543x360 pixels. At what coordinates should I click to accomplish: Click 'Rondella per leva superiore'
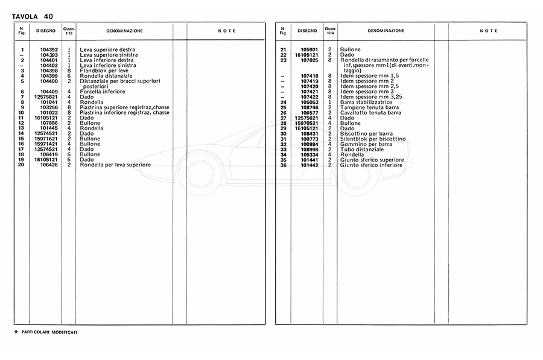(115, 165)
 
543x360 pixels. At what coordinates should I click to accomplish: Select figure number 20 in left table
(22, 165)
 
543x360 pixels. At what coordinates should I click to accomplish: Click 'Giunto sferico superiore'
(372, 160)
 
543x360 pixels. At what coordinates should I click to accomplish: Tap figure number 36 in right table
(283, 165)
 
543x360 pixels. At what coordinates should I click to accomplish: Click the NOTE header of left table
(226, 31)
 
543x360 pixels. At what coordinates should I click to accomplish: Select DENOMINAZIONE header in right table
(386, 31)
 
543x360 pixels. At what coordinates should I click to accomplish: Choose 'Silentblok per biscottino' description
(373, 139)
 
